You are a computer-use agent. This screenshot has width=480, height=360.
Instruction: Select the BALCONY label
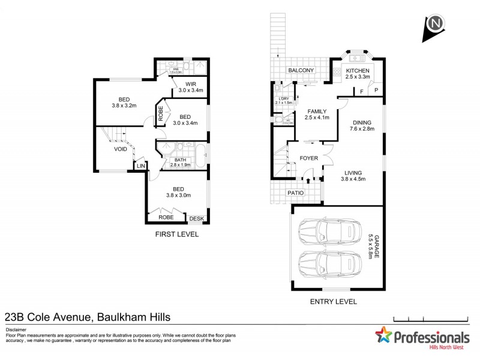coord(301,71)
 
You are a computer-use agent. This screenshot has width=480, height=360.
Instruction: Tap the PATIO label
coord(295,193)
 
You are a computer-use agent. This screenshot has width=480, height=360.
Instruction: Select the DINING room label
coord(362,124)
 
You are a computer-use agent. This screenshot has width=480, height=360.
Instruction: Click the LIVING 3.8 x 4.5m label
coord(353,175)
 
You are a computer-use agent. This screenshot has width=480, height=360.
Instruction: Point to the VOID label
coord(120,149)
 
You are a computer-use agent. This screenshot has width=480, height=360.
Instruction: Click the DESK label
coord(196,218)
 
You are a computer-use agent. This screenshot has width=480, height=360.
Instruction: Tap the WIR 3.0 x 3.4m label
coord(191,87)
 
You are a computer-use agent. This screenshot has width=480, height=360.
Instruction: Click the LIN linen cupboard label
coord(141,166)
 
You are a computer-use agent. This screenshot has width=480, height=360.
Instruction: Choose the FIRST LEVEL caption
coord(176,235)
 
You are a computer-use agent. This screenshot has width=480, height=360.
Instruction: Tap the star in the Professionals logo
coord(383,337)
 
